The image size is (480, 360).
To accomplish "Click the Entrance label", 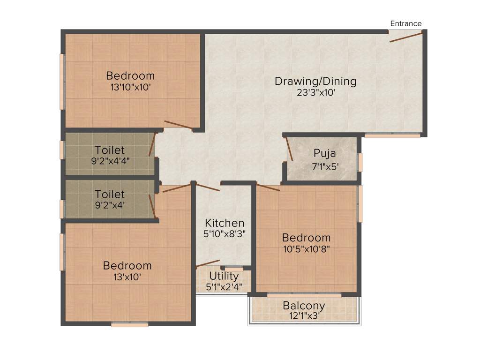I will (x=406, y=23).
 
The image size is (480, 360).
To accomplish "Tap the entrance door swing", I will (x=406, y=37).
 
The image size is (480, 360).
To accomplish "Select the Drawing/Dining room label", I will (x=315, y=81).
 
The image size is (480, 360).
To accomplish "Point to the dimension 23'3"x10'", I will (x=315, y=92).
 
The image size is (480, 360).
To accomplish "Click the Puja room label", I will (x=325, y=153).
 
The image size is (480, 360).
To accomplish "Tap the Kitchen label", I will (x=225, y=223).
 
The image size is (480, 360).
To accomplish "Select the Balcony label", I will (x=304, y=306).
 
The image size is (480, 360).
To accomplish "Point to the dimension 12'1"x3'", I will (x=304, y=316).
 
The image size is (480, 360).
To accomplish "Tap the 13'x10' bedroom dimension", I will (x=127, y=277).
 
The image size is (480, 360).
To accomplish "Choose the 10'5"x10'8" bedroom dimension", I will (x=306, y=249).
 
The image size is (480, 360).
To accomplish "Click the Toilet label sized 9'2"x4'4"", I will (x=110, y=150).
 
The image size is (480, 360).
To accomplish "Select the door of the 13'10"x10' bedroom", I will (x=178, y=125).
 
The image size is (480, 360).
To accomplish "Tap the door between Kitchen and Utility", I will (x=208, y=263).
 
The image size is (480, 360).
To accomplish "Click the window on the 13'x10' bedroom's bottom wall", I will (x=130, y=324).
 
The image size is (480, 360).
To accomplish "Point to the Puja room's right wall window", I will (x=360, y=162).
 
